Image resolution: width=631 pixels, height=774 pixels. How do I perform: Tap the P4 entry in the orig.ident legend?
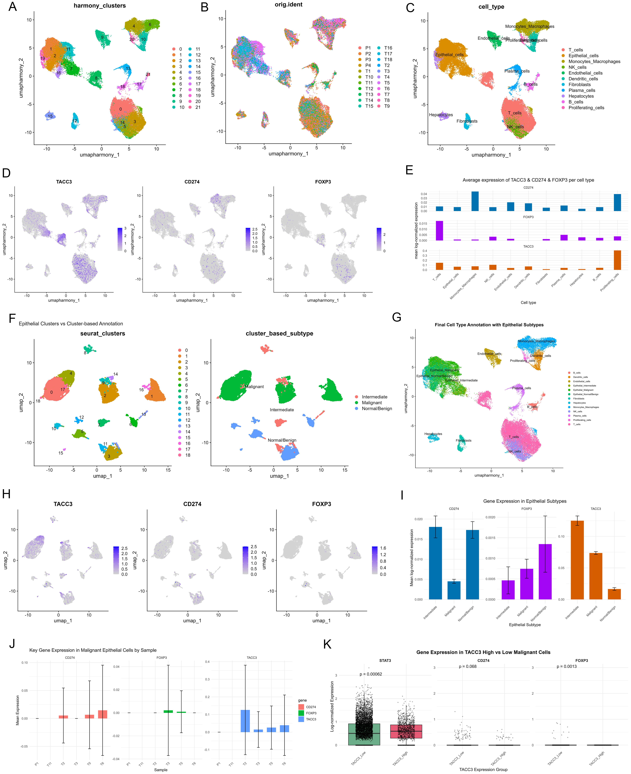[368, 65]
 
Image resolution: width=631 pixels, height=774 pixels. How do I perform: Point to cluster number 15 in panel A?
[50, 116]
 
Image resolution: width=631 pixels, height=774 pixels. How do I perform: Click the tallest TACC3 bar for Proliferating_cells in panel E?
[617, 260]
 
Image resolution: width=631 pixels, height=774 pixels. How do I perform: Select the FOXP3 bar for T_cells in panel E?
[439, 231]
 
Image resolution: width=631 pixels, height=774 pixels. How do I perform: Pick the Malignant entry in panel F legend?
[371, 402]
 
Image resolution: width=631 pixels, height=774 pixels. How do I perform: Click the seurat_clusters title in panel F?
[102, 333]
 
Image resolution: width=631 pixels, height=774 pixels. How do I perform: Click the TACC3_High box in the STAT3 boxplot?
[406, 731]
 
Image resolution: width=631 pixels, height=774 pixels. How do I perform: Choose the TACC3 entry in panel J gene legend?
[311, 719]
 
